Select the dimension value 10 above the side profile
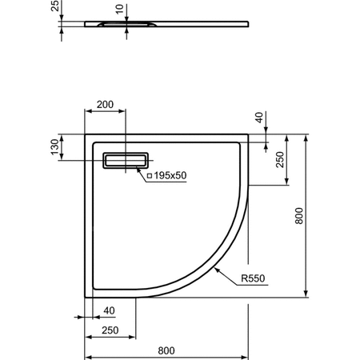point(120,9)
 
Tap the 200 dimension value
point(105,105)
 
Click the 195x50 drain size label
point(169,174)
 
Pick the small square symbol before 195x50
point(147,174)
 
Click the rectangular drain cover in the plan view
point(126,161)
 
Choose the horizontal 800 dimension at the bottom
point(166,350)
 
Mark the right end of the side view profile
point(246,24)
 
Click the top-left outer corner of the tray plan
point(86,134)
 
